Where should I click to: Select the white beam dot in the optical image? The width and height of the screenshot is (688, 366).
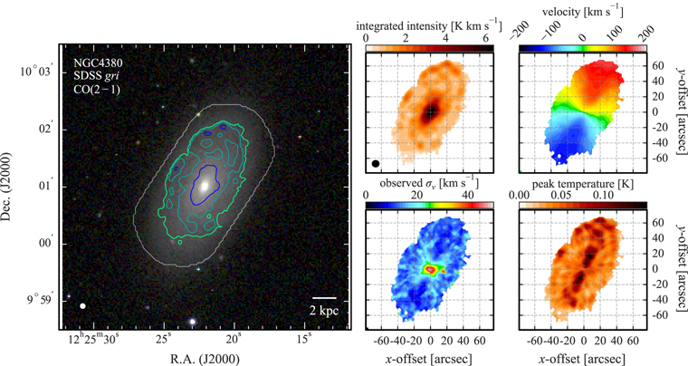click(x=83, y=306)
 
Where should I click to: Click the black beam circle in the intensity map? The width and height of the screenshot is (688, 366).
click(x=376, y=164)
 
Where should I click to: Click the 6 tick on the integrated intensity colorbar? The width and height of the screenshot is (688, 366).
click(x=485, y=39)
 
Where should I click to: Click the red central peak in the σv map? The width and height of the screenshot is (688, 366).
click(x=430, y=269)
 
